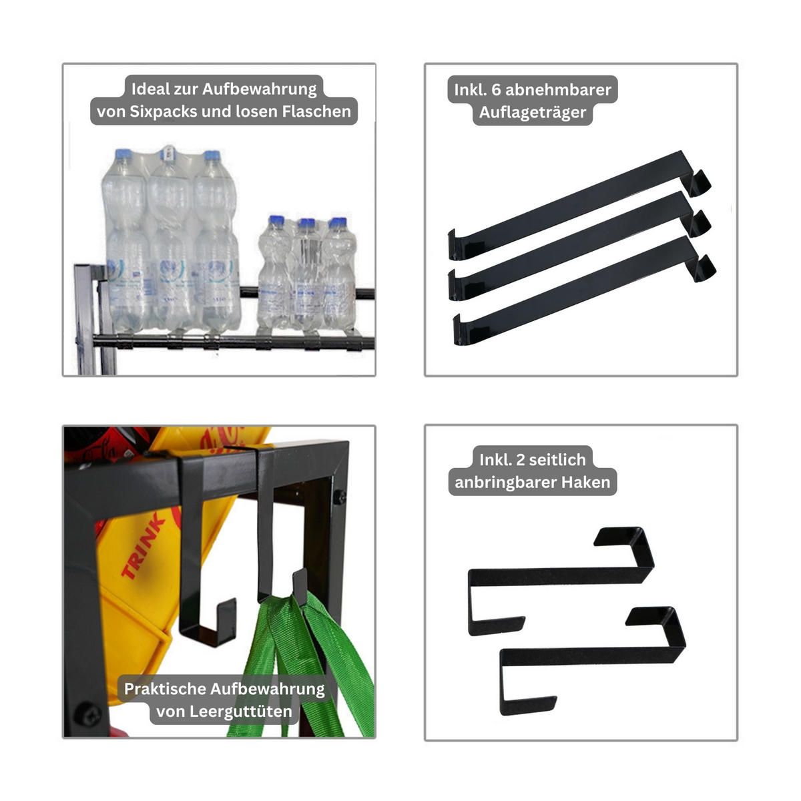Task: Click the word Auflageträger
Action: (533, 112)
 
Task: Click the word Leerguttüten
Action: (224, 711)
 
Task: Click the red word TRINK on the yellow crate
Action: (143, 547)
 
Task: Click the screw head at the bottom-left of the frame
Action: (87, 714)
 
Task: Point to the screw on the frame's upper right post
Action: (340, 497)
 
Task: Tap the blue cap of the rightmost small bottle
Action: (337, 223)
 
